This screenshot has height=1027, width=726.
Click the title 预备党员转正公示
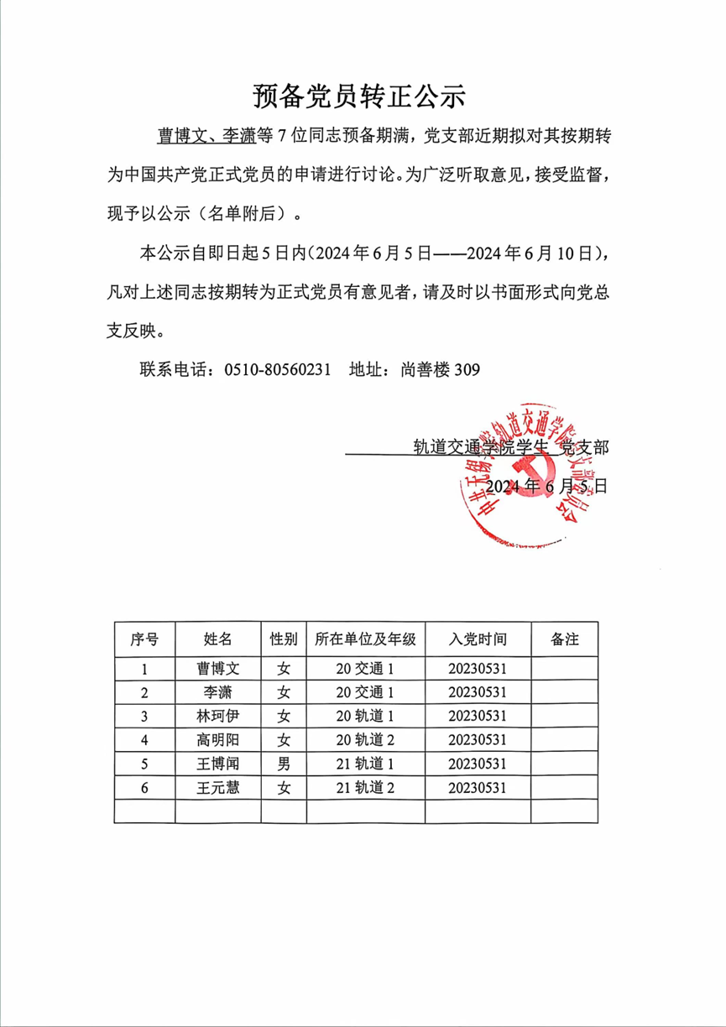(x=358, y=96)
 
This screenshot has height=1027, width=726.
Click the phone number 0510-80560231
(x=278, y=369)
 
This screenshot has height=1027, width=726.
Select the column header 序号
(x=144, y=639)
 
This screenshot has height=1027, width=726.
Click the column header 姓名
(x=218, y=639)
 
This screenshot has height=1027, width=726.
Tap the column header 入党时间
(x=478, y=639)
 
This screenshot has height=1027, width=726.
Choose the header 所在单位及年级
(x=365, y=639)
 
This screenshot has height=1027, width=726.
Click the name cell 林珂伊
(x=218, y=716)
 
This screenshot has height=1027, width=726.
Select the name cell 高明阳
(x=218, y=740)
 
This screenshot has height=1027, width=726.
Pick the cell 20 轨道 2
(x=365, y=740)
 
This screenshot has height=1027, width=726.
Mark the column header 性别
(x=284, y=639)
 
